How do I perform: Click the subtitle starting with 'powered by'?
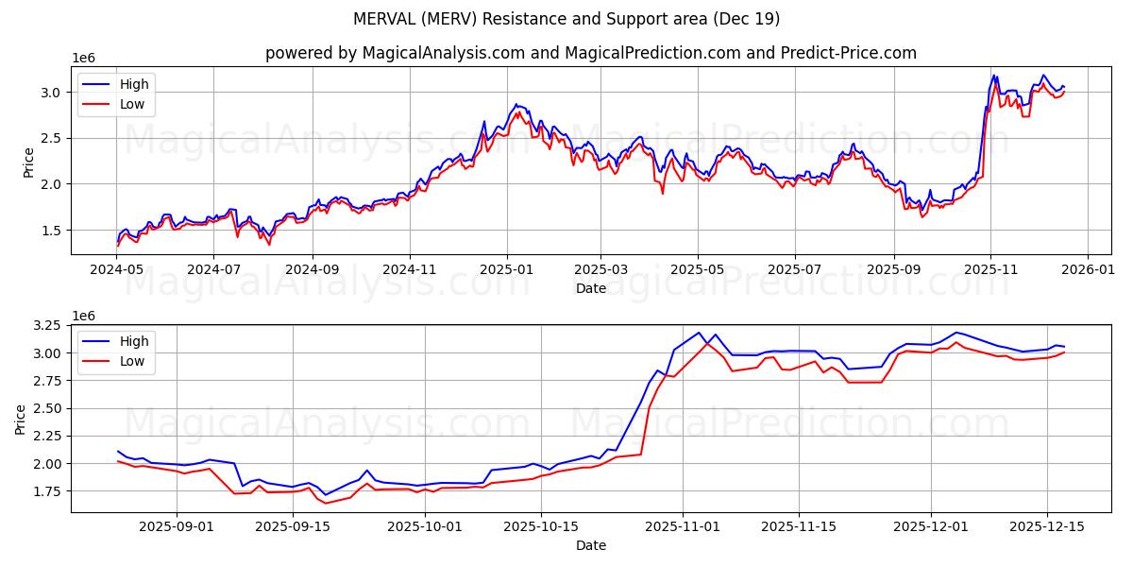click(x=591, y=53)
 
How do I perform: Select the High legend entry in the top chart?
click(x=134, y=84)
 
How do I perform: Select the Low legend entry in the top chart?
click(x=132, y=104)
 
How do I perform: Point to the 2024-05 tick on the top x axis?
click(x=117, y=269)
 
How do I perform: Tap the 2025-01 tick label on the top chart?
click(x=507, y=269)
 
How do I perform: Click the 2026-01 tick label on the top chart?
click(x=1088, y=269)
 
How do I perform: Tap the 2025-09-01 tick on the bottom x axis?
click(x=177, y=526)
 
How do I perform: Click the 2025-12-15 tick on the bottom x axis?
click(x=1046, y=526)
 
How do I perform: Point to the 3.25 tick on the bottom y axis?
click(x=45, y=325)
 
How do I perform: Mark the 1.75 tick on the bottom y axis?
click(x=45, y=491)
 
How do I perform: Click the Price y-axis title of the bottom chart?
click(x=21, y=418)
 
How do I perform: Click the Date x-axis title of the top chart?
click(x=591, y=288)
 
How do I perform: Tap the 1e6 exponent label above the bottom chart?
click(x=85, y=316)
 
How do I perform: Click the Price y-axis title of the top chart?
click(x=28, y=161)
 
